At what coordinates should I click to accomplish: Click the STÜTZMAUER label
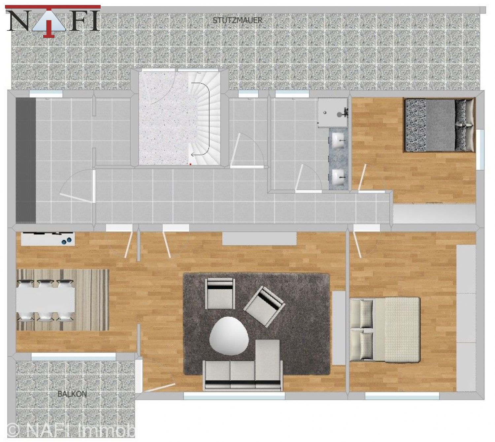[x=237, y=20]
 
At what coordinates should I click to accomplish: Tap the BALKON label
[x=72, y=394]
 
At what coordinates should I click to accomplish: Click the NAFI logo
[x=53, y=21]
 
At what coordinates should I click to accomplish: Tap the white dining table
[x=46, y=300]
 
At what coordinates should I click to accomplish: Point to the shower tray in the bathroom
[x=333, y=113]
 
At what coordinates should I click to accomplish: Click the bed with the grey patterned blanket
[x=439, y=125]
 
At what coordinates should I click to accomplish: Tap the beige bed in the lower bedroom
[x=385, y=329]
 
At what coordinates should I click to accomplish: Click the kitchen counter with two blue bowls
[x=48, y=238]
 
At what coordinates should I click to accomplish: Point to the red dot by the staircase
[x=190, y=164]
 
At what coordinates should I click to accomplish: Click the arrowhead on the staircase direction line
[x=193, y=154]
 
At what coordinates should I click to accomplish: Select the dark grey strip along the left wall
[x=26, y=160]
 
